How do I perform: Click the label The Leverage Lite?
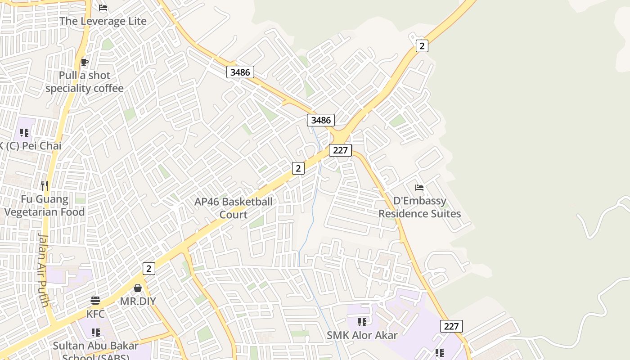pyautogui.click(x=103, y=21)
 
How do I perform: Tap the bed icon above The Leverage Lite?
pyautogui.click(x=103, y=8)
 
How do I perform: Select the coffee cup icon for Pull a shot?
pyautogui.click(x=84, y=62)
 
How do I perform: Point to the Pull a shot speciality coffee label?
pyautogui.click(x=85, y=81)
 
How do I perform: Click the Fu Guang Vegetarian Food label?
pyautogui.click(x=45, y=206)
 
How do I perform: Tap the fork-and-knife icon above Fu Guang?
pyautogui.click(x=45, y=185)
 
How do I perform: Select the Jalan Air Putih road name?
pyautogui.click(x=43, y=270)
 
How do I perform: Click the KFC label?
pyautogui.click(x=95, y=314)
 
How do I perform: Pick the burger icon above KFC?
pyautogui.click(x=95, y=300)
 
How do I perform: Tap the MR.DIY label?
pyautogui.click(x=138, y=301)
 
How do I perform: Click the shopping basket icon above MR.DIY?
pyautogui.click(x=138, y=288)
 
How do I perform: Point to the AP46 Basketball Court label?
pyautogui.click(x=234, y=208)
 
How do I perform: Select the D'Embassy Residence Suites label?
pyautogui.click(x=419, y=207)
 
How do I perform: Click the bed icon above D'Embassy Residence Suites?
pyautogui.click(x=419, y=187)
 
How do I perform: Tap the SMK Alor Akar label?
pyautogui.click(x=362, y=335)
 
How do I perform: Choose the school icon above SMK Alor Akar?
pyautogui.click(x=362, y=322)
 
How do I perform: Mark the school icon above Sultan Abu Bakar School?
pyautogui.click(x=95, y=332)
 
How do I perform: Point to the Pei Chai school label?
pyautogui.click(x=31, y=146)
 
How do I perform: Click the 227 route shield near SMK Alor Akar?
pyautogui.click(x=451, y=326)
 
